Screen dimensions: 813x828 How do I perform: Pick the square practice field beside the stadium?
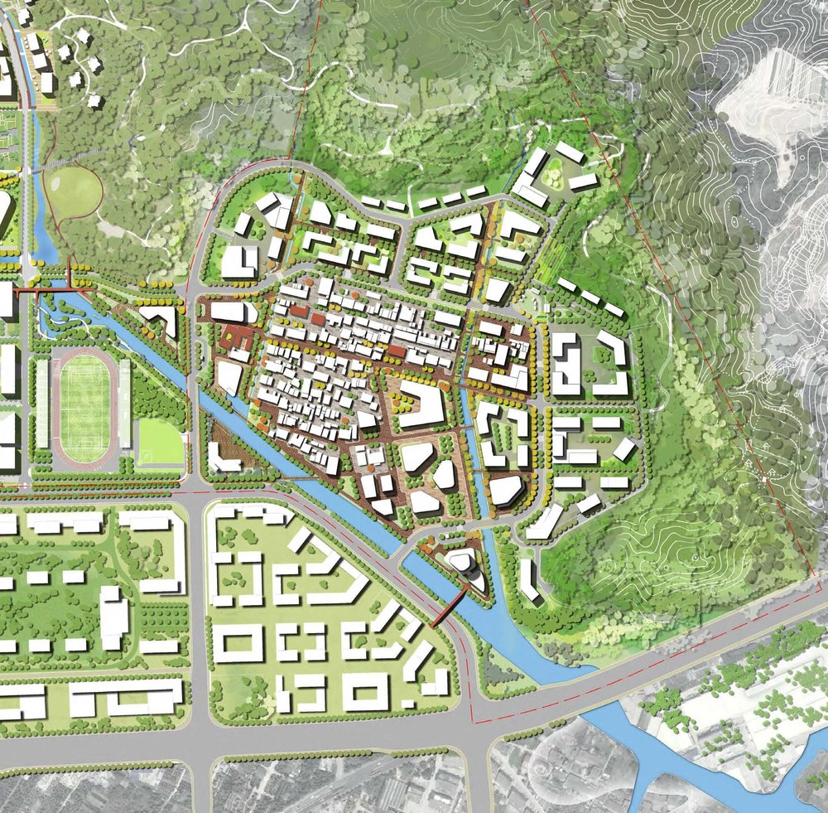tap(159, 441)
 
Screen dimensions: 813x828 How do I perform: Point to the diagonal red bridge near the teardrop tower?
tap(448, 610)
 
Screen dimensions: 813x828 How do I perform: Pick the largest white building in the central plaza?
tap(421, 407)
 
